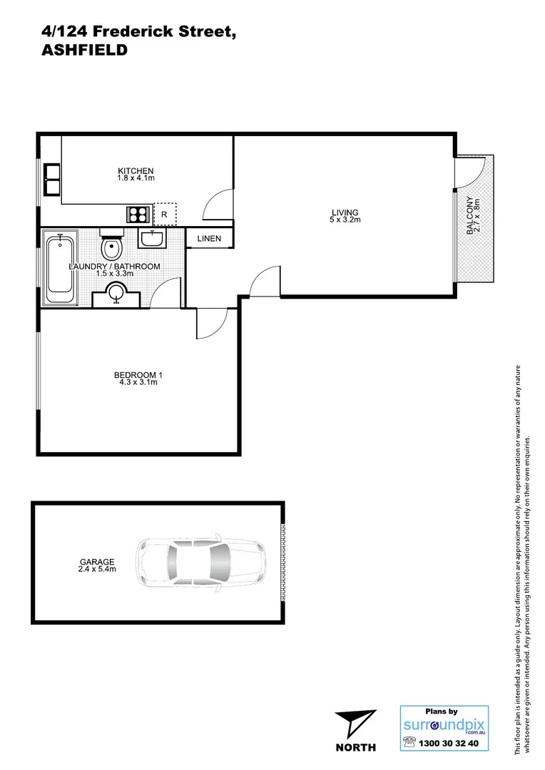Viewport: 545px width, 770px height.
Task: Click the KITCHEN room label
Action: [x=136, y=170]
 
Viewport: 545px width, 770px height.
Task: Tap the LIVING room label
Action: [x=345, y=212]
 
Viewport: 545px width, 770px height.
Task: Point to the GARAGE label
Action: [x=97, y=562]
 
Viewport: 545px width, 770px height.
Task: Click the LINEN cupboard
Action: [x=209, y=239]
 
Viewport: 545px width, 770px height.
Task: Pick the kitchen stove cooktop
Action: [x=137, y=213]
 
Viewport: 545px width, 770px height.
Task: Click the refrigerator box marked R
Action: [x=165, y=213]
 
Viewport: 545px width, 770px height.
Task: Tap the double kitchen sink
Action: [x=51, y=179]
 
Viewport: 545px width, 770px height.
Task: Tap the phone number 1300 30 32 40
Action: [x=452, y=744]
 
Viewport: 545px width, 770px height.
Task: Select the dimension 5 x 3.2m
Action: [x=345, y=220]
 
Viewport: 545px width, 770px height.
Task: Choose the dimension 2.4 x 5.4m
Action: [x=97, y=570]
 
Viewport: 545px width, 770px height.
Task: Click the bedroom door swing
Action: [x=212, y=324]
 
